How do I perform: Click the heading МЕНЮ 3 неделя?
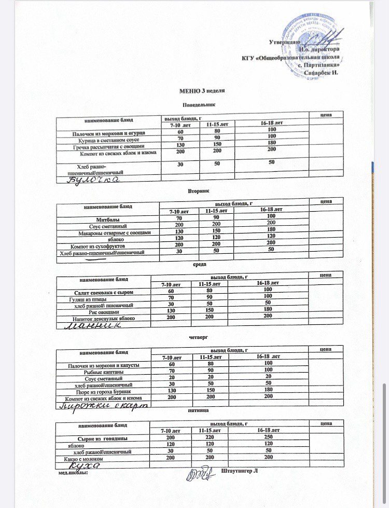coord(202,91)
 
